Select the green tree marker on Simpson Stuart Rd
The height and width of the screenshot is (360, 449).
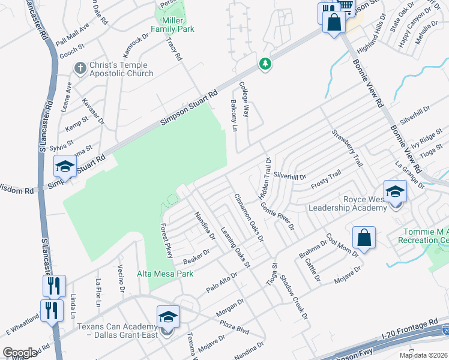265,63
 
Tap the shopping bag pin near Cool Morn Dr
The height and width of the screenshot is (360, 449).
364,238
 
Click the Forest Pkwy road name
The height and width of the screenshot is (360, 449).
166,241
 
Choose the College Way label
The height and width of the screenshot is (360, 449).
244,99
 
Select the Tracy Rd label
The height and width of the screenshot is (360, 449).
174,50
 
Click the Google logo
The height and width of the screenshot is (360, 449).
20,353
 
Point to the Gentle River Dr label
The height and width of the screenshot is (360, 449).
277,217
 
